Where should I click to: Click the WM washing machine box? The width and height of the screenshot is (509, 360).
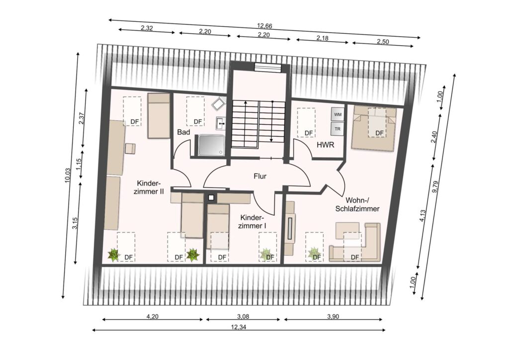[x=338, y=114]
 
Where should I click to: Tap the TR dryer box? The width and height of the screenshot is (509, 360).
[x=338, y=129]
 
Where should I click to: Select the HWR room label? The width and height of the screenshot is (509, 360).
[x=325, y=145]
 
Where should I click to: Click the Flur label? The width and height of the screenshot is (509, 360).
[x=260, y=176]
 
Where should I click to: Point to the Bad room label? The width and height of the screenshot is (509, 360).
[x=183, y=132]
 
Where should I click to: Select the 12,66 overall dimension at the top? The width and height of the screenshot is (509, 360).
[x=264, y=26]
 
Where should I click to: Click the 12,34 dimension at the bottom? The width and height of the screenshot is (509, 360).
[x=239, y=327]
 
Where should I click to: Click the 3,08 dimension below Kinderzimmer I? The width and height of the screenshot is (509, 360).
[x=243, y=317]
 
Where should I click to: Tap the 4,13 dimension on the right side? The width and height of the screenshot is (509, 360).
[x=423, y=216]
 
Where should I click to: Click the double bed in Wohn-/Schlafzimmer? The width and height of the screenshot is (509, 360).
[x=374, y=128]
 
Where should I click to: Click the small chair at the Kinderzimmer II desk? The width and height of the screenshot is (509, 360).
[x=130, y=148]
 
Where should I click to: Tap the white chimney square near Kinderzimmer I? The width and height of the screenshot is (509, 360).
[x=211, y=197]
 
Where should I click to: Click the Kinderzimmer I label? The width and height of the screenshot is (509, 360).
[x=252, y=221]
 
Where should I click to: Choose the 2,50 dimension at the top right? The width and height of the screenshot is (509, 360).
[x=383, y=42]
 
